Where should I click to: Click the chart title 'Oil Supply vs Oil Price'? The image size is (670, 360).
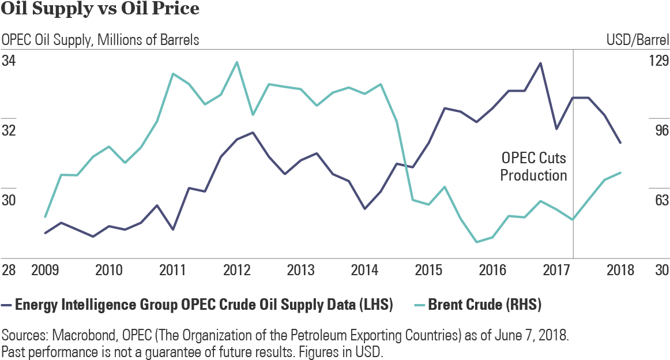(101, 10)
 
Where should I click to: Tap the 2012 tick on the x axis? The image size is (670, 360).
(236, 271)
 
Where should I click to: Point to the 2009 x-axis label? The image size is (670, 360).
(44, 271)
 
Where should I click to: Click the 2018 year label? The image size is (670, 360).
(620, 271)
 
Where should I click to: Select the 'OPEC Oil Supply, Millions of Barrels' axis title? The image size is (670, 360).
(101, 40)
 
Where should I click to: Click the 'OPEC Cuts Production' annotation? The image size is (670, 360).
(533, 167)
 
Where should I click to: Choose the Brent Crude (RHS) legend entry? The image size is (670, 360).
(484, 305)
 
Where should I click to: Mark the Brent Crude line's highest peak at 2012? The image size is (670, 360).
(236, 62)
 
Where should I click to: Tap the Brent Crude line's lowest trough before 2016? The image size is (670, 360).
(477, 242)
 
